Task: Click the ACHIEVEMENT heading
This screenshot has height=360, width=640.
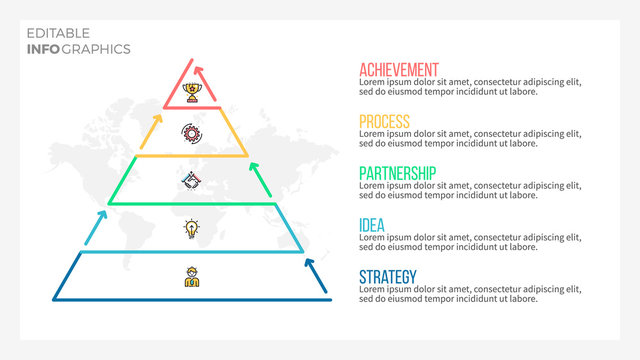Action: click(x=398, y=70)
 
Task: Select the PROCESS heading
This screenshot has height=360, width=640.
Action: click(x=384, y=122)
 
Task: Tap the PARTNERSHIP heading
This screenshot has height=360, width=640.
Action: click(x=397, y=174)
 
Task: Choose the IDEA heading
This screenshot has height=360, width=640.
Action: click(x=372, y=225)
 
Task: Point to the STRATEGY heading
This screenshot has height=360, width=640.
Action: click(x=388, y=277)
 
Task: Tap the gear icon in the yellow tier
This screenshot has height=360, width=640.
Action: click(x=191, y=131)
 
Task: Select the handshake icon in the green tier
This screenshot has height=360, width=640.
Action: click(x=191, y=180)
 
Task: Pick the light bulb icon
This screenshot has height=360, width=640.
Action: click(x=191, y=229)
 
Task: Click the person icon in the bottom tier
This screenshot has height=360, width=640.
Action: click(x=191, y=277)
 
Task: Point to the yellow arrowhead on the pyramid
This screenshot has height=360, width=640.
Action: click(x=157, y=117)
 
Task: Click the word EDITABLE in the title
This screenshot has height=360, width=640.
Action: click(x=57, y=34)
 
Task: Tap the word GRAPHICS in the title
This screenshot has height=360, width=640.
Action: click(x=97, y=48)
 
